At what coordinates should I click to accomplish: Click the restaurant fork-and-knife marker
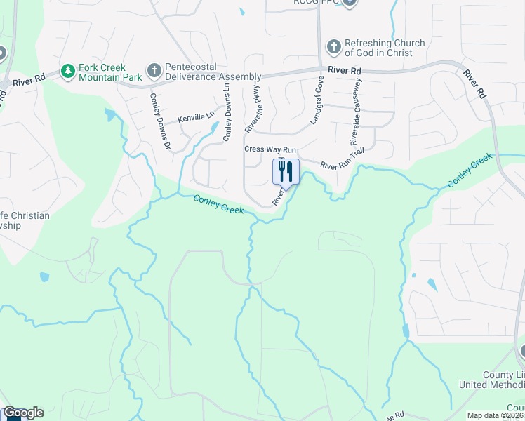[x=286, y=171]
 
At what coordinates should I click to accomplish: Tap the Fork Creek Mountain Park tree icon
[x=68, y=71]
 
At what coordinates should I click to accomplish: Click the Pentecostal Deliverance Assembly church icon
[x=154, y=71]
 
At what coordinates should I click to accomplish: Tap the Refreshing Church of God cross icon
[x=333, y=48]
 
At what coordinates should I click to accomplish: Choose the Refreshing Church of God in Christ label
[x=385, y=48]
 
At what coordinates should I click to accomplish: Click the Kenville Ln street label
[x=196, y=119]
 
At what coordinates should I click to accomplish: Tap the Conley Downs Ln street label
[x=227, y=113]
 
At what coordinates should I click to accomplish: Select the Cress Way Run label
[x=270, y=149]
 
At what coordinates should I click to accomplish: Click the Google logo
[x=23, y=413]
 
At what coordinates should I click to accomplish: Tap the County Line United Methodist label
[x=491, y=380]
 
